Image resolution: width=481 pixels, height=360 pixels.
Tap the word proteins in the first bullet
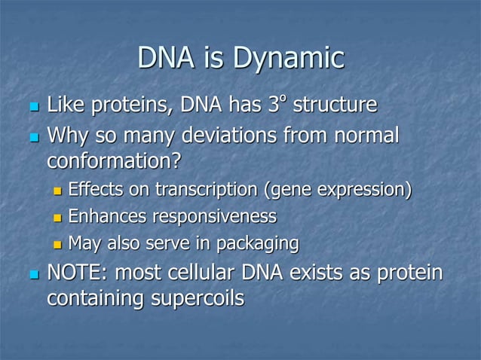click(x=127, y=106)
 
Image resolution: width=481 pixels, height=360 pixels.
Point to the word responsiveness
click(x=215, y=217)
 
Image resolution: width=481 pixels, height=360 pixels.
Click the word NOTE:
click(x=78, y=273)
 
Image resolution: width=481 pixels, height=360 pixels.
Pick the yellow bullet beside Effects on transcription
click(x=57, y=190)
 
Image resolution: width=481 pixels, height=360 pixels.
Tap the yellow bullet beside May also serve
click(x=57, y=244)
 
